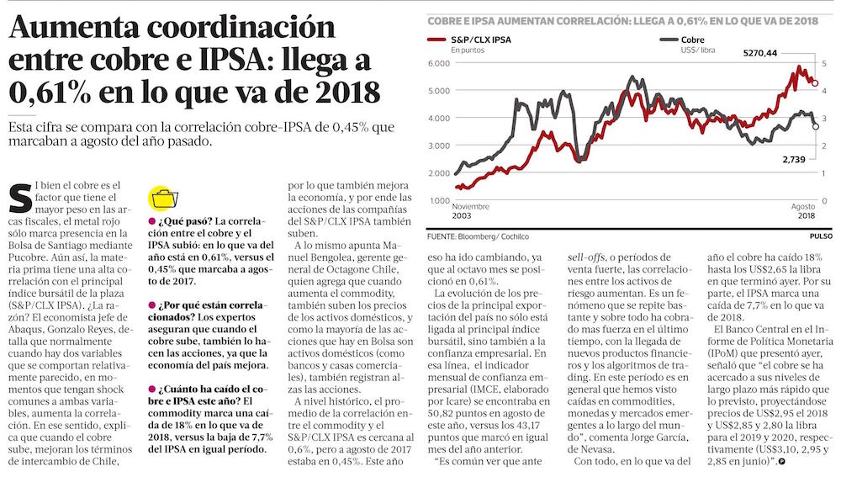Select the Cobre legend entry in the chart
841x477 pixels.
(689, 40)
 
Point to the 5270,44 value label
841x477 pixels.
(759, 53)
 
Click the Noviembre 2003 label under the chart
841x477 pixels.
(471, 211)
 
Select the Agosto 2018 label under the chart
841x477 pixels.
(804, 211)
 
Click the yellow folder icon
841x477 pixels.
(161, 199)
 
